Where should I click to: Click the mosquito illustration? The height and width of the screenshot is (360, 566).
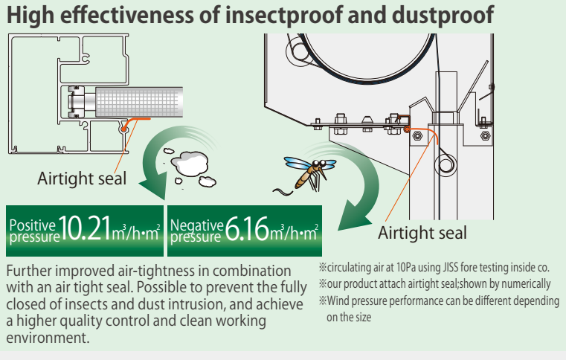tap(306, 171)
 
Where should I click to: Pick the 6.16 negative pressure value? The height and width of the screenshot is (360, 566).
tap(246, 228)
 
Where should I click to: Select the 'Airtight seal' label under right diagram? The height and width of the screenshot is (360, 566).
tap(422, 233)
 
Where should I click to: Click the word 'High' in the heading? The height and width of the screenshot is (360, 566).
tap(30, 14)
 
